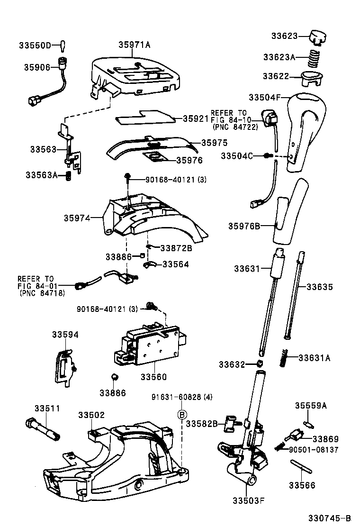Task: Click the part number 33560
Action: [x=153, y=377]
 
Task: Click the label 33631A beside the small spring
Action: [x=315, y=358]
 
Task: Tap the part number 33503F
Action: [x=248, y=500]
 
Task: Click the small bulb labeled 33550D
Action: [x=62, y=45]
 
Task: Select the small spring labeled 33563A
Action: [x=67, y=176]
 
